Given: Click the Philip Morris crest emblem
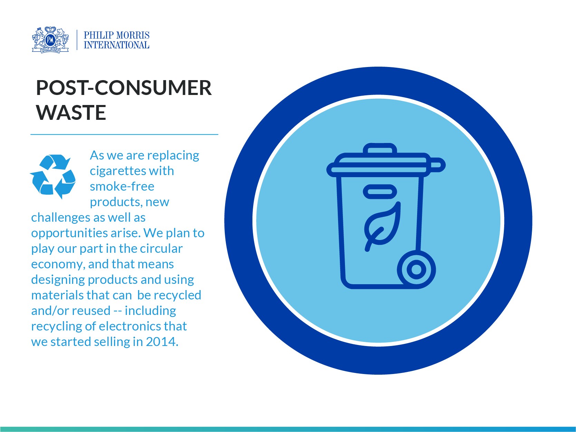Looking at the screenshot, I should (x=50, y=40).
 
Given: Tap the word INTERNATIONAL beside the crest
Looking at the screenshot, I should (x=116, y=45).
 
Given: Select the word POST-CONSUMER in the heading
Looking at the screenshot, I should (x=124, y=88).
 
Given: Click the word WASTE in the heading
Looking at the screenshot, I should (x=71, y=113).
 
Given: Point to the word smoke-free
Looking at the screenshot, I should (x=122, y=186).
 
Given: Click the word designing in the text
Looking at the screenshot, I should (x=58, y=280).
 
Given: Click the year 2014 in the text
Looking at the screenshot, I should (x=161, y=342).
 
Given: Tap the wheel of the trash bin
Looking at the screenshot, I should (x=416, y=269).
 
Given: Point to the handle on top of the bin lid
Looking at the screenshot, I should (x=380, y=150).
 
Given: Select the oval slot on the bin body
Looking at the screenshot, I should (x=380, y=192).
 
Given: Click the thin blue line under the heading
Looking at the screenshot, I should (x=124, y=134).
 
